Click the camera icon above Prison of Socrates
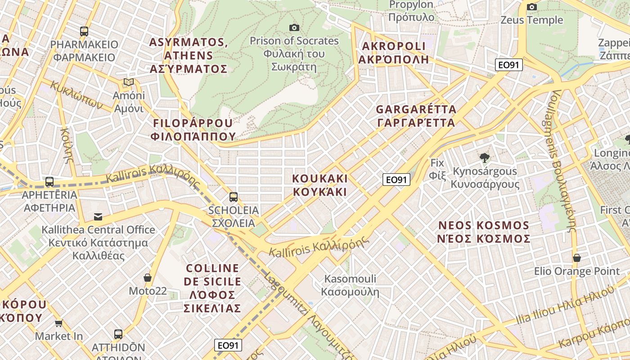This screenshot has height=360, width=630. pos(294,28)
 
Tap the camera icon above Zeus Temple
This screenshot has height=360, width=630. pos(531,7)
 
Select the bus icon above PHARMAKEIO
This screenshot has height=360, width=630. pos(84,31)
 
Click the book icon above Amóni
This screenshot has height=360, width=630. pos(129,82)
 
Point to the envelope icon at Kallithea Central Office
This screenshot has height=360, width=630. pos(98,217)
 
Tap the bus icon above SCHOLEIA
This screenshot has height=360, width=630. pos(233,197)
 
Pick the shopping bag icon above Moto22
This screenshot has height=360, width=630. pos(147,278)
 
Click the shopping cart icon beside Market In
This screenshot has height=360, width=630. pos(59,323)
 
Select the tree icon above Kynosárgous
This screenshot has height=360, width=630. pos(484,158)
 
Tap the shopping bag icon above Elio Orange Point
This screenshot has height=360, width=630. pos(576,258)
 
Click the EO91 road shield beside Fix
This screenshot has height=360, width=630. pos(396,180)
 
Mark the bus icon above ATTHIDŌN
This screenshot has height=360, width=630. pos(118,334)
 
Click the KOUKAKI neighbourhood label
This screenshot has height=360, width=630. pos(320,185)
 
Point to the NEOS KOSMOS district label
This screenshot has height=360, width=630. pos(483,232)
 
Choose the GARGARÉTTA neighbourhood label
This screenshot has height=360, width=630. pos(416,116)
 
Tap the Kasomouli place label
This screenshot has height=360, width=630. pos(350,285)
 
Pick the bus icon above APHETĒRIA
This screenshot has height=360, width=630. pos(49,182)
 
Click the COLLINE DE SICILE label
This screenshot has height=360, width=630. pos(212,288)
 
